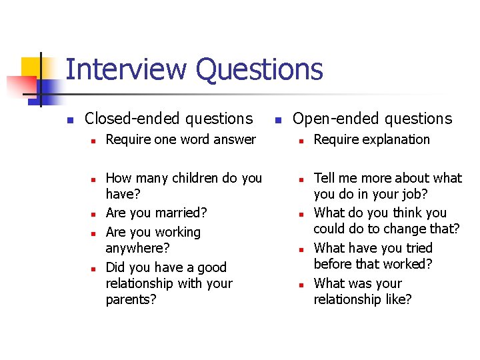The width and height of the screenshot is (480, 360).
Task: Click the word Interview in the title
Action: coord(125,70)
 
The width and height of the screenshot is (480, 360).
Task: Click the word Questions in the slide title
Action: coord(259,70)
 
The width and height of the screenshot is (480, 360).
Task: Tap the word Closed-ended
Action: coord(133,119)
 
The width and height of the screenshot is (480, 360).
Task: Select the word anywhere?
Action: coord(137,248)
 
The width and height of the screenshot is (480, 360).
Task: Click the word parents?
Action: coord(131,299)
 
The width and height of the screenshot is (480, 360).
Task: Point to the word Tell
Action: coord(325,178)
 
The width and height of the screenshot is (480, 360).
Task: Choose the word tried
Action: coord(417,248)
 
